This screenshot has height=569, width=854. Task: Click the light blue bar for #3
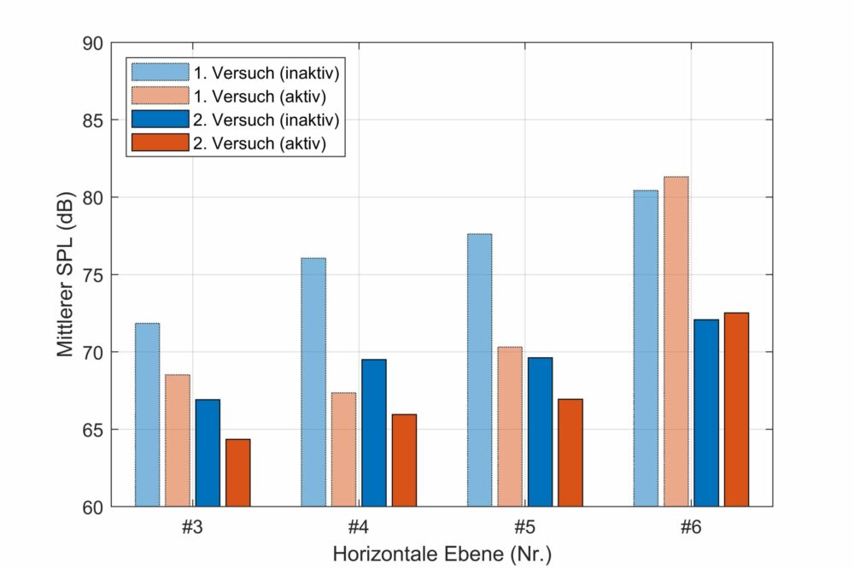click(x=147, y=414)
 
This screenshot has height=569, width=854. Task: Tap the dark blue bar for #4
click(x=373, y=433)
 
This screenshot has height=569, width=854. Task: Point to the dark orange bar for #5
click(x=570, y=453)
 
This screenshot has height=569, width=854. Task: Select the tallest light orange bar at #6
click(x=676, y=342)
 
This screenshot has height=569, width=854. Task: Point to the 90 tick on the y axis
click(x=95, y=44)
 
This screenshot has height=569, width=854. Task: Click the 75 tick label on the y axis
click(x=95, y=275)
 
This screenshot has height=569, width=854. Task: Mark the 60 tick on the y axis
click(x=95, y=507)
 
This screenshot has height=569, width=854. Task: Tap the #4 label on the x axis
click(x=358, y=527)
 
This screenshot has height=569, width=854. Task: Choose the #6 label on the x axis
click(x=691, y=527)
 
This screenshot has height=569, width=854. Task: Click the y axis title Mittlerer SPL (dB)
click(x=66, y=274)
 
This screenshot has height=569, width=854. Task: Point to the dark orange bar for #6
click(x=736, y=410)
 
